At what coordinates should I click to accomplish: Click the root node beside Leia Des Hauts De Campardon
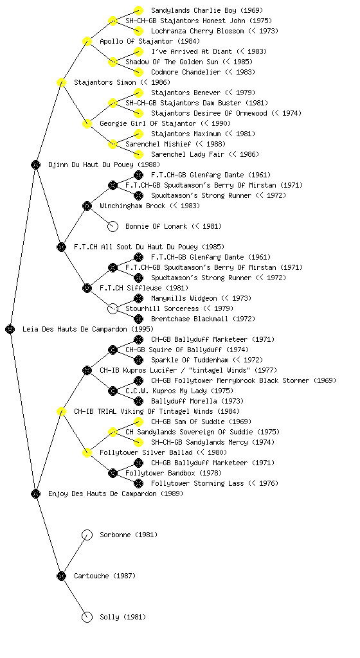point(10,329)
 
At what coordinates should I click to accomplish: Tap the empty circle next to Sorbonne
point(87,535)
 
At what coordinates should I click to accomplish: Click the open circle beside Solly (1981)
point(87,617)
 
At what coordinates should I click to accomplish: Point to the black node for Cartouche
point(61,576)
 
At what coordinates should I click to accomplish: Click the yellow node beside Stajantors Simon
point(61,82)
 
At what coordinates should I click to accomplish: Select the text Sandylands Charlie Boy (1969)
point(207,10)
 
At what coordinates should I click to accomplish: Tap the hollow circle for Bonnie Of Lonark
point(113,226)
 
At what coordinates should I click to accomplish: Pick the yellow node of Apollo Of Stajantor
point(87,41)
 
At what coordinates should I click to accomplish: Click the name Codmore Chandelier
point(186,72)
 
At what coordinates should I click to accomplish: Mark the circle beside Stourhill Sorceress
point(113,308)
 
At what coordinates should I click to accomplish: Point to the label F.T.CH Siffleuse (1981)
point(144,288)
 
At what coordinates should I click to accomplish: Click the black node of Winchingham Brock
point(87,206)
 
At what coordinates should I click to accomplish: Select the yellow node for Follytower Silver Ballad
point(87,452)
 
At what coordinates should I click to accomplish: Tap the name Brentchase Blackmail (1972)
point(203,319)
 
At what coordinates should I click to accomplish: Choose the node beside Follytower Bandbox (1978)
point(113,473)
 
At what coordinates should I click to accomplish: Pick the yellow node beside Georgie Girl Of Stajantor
point(87,123)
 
